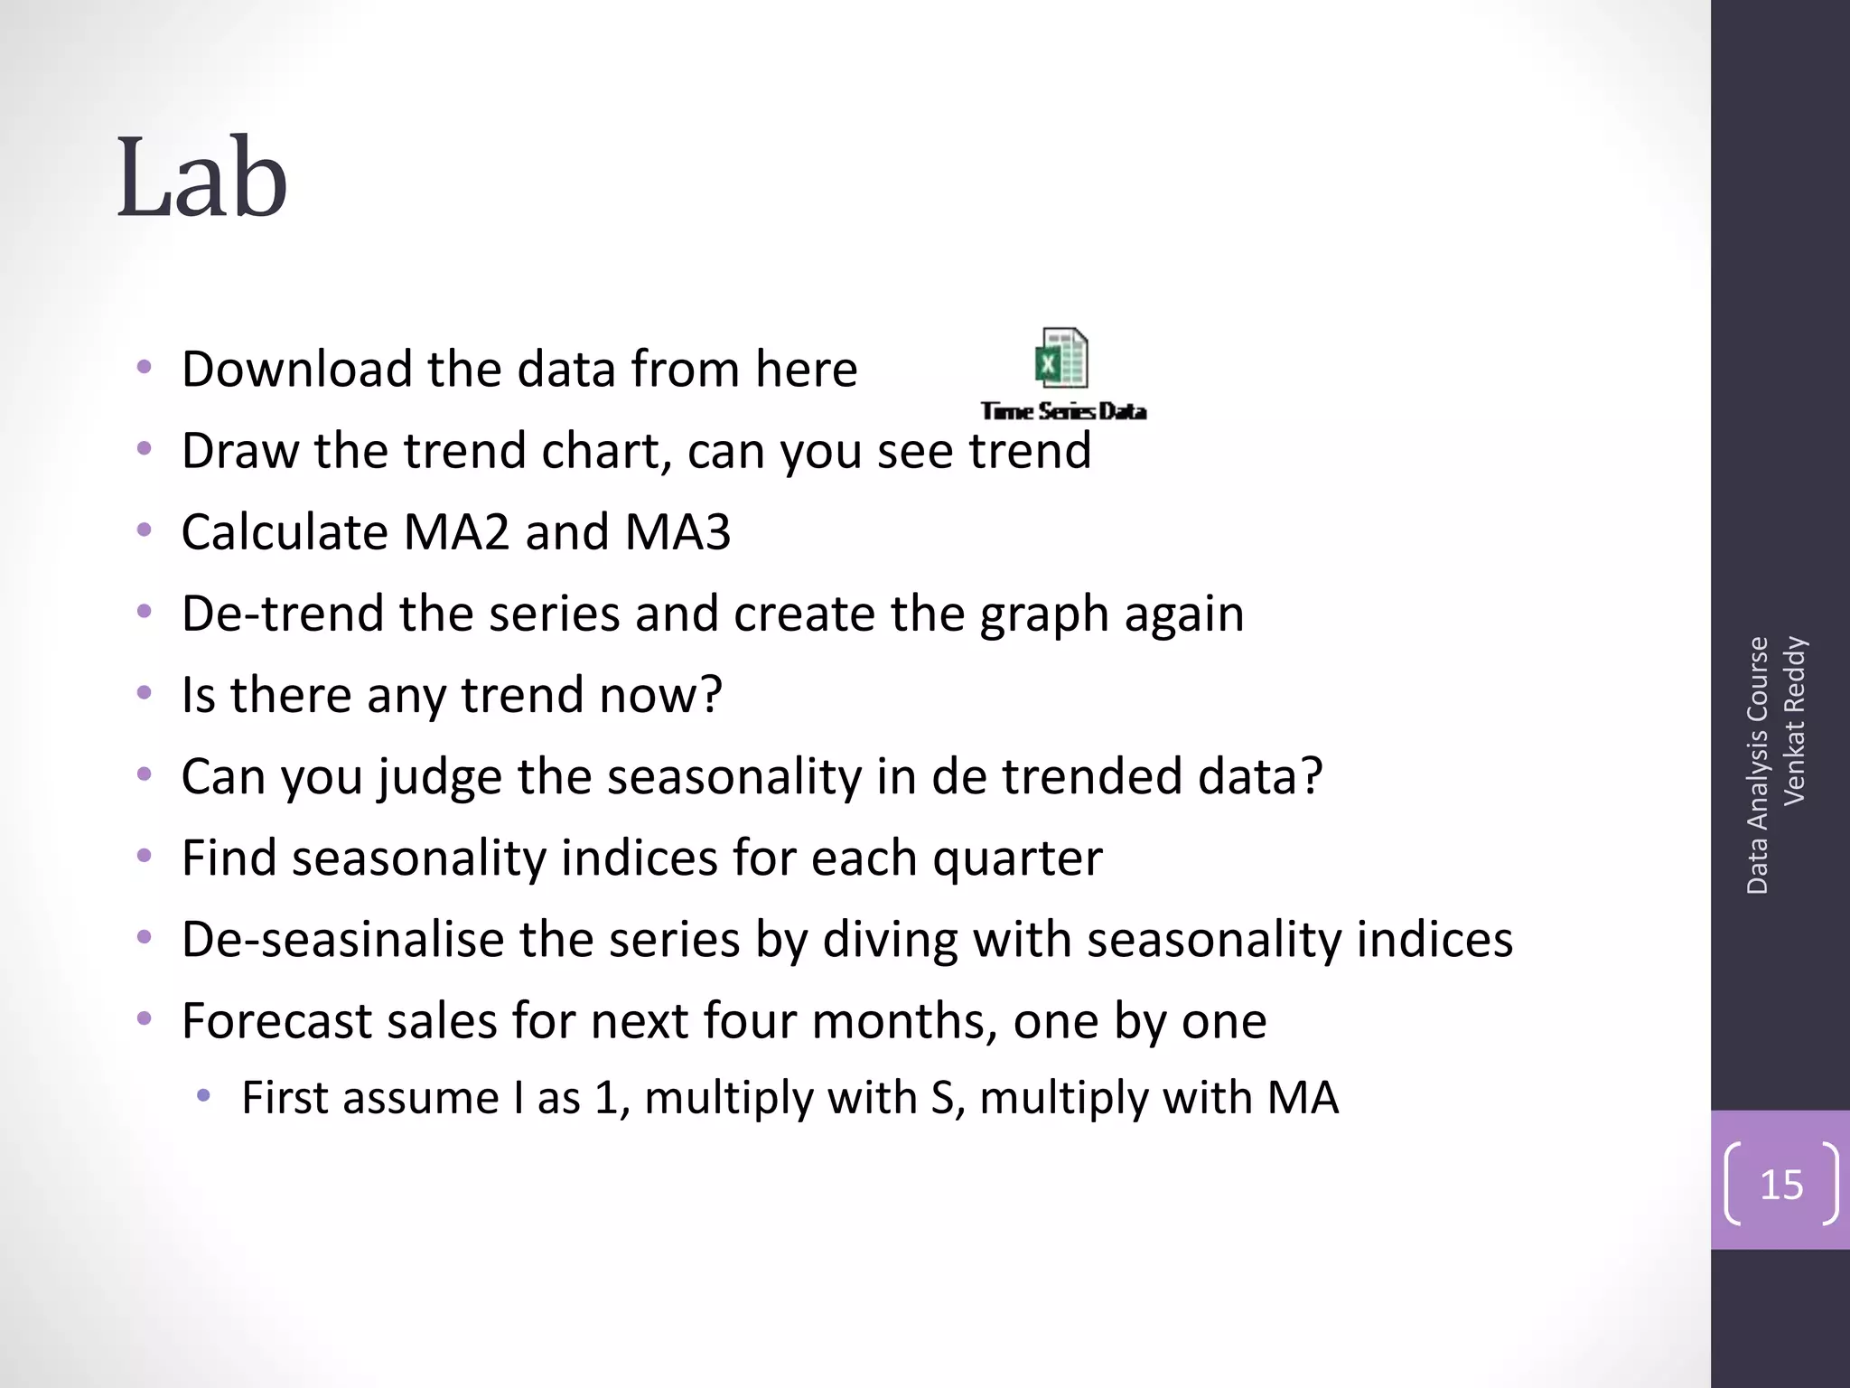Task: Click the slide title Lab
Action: pyautogui.click(x=202, y=177)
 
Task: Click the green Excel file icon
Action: pyautogui.click(x=1061, y=358)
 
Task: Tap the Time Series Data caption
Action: pyautogui.click(x=1063, y=411)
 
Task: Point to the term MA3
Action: pyautogui.click(x=677, y=531)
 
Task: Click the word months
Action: pyautogui.click(x=904, y=1021)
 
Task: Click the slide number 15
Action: pyautogui.click(x=1781, y=1184)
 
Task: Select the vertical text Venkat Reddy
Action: pyautogui.click(x=1795, y=720)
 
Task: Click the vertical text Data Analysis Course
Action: pyautogui.click(x=1757, y=765)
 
